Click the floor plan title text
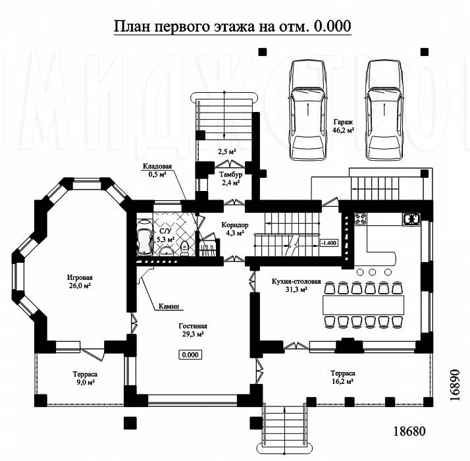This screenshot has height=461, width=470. pos(232,26)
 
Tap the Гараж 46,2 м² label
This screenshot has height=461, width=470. pos(344,126)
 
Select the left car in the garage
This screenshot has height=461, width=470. pos(307,111)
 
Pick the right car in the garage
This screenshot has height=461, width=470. pos(384,111)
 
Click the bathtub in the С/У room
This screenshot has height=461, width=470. pos(144,238)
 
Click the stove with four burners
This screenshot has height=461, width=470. pos(359,219)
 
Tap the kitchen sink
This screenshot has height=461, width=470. pos(411,219)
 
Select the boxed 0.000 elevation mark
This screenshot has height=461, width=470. pos(190,355)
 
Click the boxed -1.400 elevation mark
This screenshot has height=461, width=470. pos(329,242)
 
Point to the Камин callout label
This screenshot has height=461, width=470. pos(169,306)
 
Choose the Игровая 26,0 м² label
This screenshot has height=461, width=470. pos(80,282)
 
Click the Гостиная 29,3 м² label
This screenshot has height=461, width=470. pos(193,330)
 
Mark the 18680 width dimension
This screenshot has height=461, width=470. pos(409,431)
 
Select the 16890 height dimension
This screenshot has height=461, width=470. pos(454,385)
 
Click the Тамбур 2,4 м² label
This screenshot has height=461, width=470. pos(230,178)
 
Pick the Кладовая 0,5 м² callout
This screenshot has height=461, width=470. pos(157,170)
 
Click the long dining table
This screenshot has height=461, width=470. pos(363,305)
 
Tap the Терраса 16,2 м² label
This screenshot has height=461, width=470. pos(343,377)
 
